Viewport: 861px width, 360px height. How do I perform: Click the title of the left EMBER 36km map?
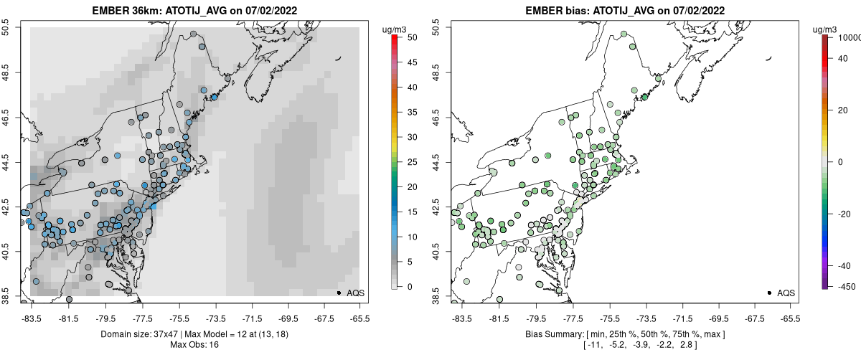pyautogui.click(x=193, y=11)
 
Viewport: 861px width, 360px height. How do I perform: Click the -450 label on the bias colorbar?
pyautogui.click(x=844, y=287)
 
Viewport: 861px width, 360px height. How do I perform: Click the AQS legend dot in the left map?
pyautogui.click(x=339, y=293)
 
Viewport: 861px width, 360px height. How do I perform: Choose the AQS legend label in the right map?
pyautogui.click(x=786, y=293)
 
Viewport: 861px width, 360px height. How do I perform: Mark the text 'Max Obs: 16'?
pyautogui.click(x=194, y=345)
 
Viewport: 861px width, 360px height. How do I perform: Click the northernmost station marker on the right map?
pyautogui.click(x=624, y=34)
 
